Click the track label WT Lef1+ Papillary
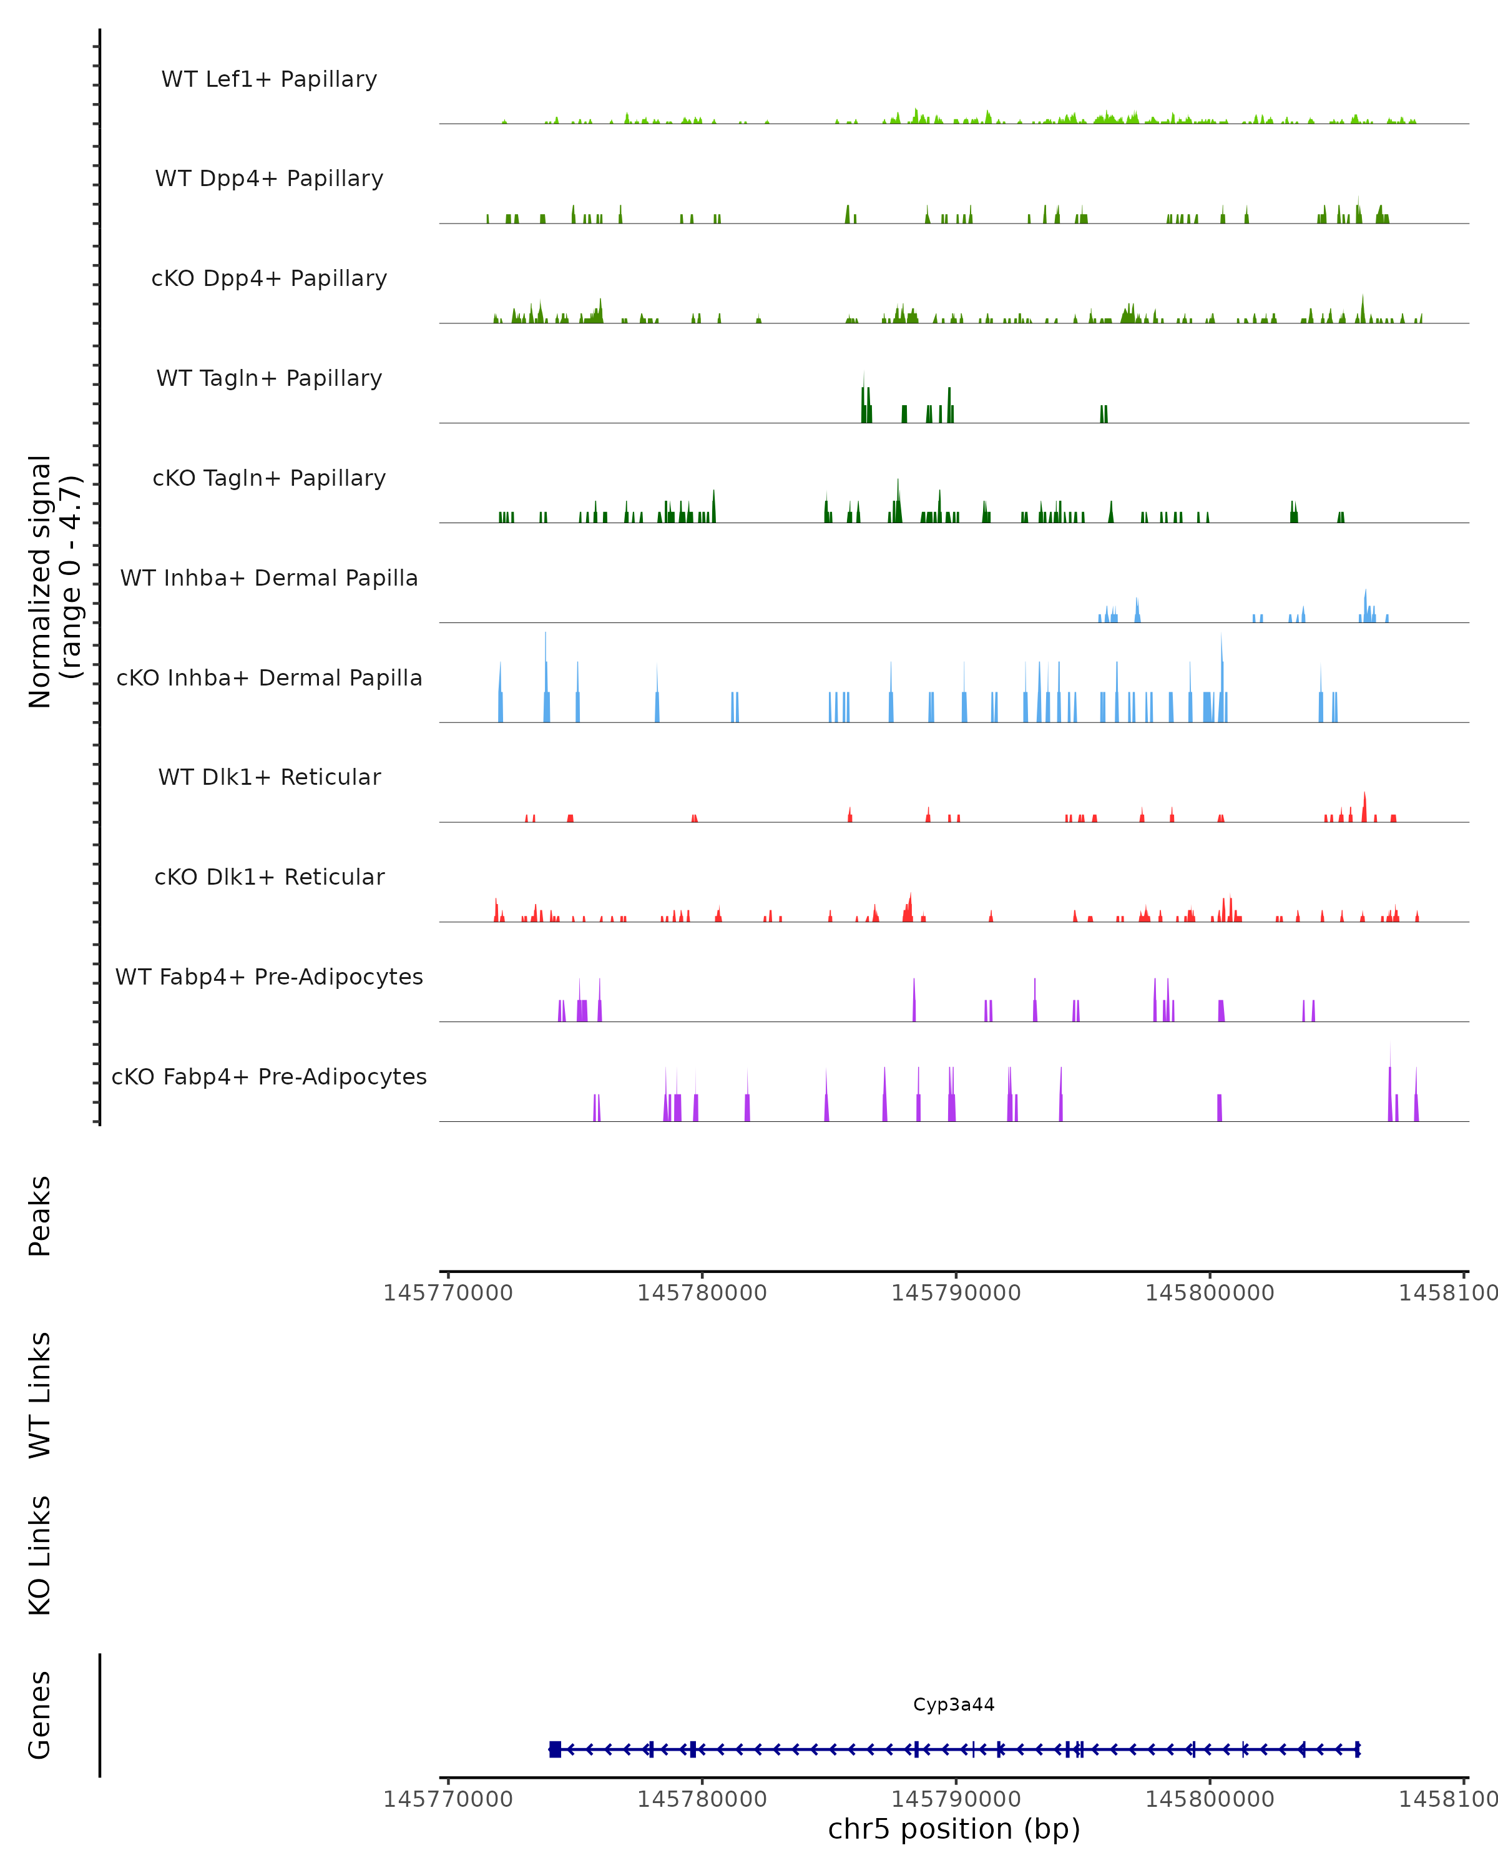[x=269, y=79]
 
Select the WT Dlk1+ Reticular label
[x=269, y=777]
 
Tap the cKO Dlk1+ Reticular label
[x=269, y=877]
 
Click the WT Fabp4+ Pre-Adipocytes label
[x=269, y=976]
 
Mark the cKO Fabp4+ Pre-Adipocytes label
[x=269, y=1076]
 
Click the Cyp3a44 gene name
[x=954, y=1704]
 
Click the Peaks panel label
[x=40, y=1216]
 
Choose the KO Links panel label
[x=40, y=1555]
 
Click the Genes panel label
[x=40, y=1715]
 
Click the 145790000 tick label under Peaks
[x=956, y=1293]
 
